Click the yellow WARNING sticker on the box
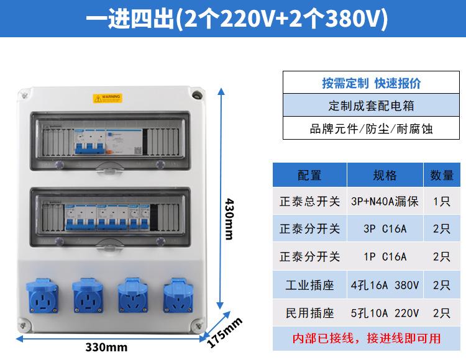pyautogui.click(x=107, y=98)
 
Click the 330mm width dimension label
pyautogui.click(x=106, y=347)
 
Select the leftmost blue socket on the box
pyautogui.click(x=42, y=295)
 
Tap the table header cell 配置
pyautogui.click(x=309, y=176)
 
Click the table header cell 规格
pyautogui.click(x=385, y=176)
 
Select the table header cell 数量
pyautogui.click(x=442, y=176)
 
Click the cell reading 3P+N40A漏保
pyautogui.click(x=385, y=202)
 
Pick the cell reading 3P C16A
pyautogui.click(x=385, y=229)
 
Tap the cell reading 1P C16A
pyautogui.click(x=385, y=256)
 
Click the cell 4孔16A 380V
pyautogui.click(x=385, y=285)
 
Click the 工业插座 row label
pyautogui.click(x=309, y=285)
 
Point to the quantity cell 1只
pyautogui.click(x=442, y=202)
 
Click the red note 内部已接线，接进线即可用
pyautogui.click(x=367, y=338)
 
